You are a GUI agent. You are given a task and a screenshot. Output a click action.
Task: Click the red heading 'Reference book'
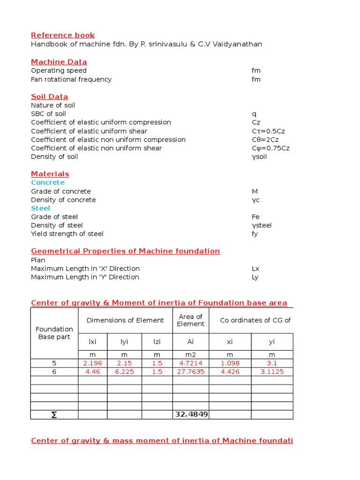(63, 35)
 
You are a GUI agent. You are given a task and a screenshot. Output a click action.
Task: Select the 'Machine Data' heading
(59, 62)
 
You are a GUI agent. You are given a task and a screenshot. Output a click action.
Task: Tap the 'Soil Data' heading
(49, 97)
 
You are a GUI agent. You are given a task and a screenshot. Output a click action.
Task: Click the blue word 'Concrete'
(48, 182)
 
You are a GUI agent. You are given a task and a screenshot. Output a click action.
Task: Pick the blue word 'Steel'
(40, 208)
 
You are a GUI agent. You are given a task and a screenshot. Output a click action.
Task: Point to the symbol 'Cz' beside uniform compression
(256, 122)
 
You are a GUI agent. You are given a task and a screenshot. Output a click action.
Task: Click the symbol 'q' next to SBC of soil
(254, 114)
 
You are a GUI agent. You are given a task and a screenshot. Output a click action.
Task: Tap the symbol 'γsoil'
(259, 157)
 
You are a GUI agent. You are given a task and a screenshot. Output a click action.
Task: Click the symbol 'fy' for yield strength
(255, 234)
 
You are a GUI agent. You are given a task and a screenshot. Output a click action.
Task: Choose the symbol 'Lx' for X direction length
(255, 269)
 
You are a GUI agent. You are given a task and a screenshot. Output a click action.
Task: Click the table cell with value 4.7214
(191, 363)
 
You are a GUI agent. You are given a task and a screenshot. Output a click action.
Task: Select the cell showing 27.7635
(191, 372)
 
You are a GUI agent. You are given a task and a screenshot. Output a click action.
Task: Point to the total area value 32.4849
(191, 415)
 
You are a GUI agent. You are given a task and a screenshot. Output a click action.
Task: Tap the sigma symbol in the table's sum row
(54, 415)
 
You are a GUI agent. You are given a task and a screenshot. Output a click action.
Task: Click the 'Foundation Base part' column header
(54, 333)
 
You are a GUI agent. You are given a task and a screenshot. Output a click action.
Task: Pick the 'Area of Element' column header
(191, 320)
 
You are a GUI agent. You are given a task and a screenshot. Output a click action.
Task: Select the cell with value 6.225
(125, 372)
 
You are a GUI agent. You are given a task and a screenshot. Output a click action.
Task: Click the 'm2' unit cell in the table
(191, 355)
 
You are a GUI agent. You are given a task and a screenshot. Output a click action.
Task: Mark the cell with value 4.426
(230, 372)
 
